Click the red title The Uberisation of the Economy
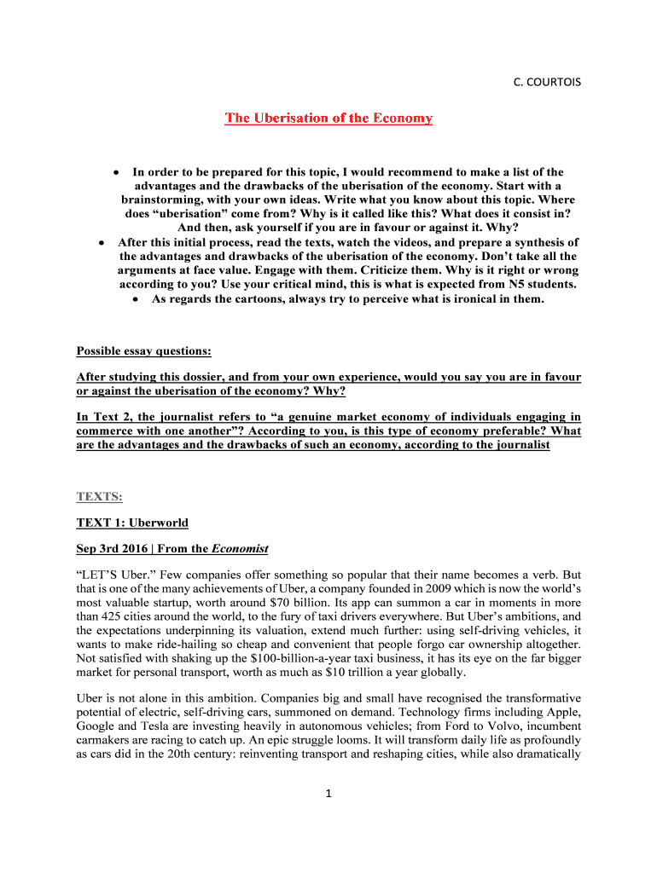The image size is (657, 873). pyautogui.click(x=328, y=118)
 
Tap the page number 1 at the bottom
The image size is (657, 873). pyautogui.click(x=328, y=795)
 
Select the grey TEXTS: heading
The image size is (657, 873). pyautogui.click(x=98, y=494)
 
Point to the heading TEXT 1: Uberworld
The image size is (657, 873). pyautogui.click(x=132, y=522)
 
